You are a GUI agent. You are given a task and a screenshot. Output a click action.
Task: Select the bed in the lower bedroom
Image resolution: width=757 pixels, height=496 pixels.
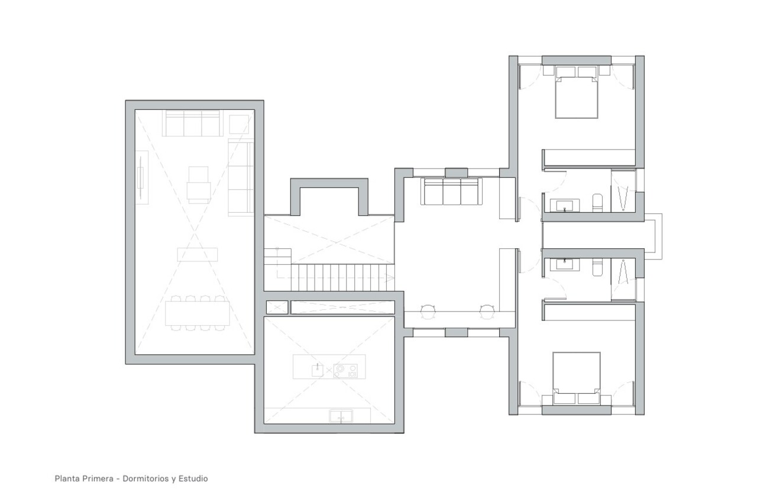pos(577,376)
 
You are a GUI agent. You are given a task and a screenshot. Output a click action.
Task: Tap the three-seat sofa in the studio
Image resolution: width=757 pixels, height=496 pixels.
pos(450,192)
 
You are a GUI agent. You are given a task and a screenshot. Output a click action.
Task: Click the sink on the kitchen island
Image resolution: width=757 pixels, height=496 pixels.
pos(318,370)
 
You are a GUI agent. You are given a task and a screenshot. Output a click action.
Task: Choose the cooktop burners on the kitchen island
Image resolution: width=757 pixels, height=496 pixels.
pos(345,370)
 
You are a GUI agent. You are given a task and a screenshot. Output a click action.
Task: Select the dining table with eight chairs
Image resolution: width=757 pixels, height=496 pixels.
pos(198,313)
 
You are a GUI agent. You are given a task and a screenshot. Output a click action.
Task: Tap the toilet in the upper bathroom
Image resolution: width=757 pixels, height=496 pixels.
pos(597,202)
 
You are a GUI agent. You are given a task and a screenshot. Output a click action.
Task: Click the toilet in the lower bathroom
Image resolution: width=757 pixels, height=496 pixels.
pos(597,267)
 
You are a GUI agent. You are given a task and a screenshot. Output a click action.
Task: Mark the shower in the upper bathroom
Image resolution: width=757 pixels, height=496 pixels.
pos(623,190)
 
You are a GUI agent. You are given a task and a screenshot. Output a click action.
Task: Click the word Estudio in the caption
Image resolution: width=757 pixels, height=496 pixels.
pos(193,478)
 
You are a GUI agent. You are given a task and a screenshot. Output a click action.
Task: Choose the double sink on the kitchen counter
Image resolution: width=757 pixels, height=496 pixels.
pos(340,417)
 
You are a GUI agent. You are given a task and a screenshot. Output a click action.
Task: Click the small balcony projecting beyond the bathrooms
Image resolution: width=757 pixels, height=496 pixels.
pos(653,236)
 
